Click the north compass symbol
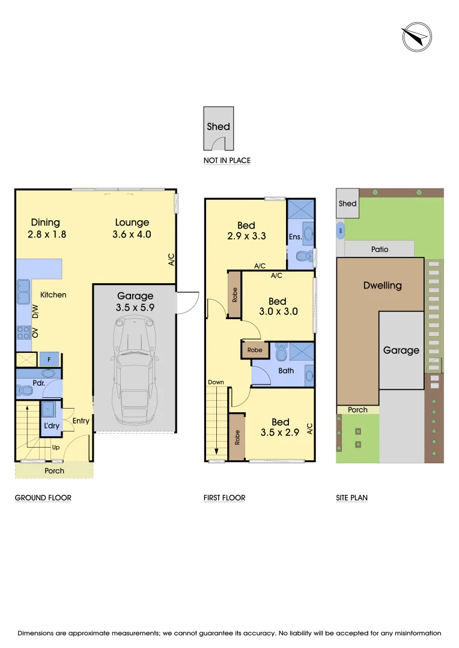(x=416, y=37)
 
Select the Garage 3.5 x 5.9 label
(x=135, y=301)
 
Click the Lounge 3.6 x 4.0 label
(x=132, y=229)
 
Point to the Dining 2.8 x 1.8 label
(x=46, y=229)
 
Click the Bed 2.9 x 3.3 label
(x=246, y=231)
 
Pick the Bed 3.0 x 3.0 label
(x=278, y=307)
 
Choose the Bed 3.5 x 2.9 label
(x=280, y=427)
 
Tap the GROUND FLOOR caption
(x=43, y=497)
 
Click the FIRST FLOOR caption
(x=225, y=497)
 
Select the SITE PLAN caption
(x=352, y=497)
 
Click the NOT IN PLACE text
(x=227, y=161)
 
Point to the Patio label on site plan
(x=380, y=249)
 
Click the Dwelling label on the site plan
(x=382, y=286)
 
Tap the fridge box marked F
(x=49, y=360)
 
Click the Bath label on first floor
(x=286, y=370)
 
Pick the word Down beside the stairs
(x=216, y=382)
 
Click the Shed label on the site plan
(x=348, y=203)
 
